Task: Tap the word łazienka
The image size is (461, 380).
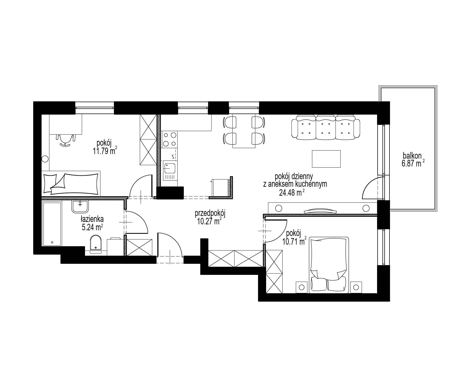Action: (92, 219)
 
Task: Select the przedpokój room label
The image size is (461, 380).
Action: (210, 214)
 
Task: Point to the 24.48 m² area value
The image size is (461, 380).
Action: (292, 192)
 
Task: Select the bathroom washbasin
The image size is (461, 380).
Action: (80, 206)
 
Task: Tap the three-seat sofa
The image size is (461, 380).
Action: (326, 127)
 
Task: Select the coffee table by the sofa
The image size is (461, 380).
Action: (326, 159)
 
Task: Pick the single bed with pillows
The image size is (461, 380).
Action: (71, 183)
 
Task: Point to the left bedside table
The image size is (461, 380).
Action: (302, 287)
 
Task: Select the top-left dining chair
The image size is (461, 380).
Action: (230, 122)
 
